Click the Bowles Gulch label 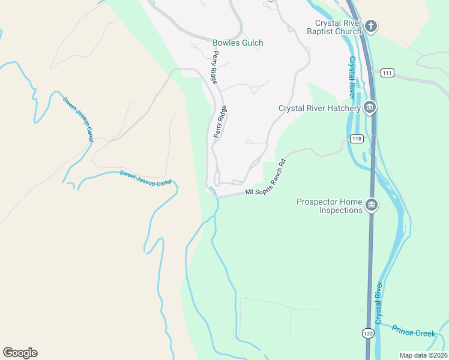[238, 43]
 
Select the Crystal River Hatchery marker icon [369, 108]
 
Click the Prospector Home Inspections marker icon [372, 205]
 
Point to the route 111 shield [387, 73]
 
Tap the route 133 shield [367, 332]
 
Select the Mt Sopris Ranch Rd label [267, 176]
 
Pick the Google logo [20, 353]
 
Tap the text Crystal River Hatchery [319, 109]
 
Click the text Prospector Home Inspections [330, 206]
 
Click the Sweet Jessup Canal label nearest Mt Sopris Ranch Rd [145, 178]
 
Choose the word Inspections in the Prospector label [340, 210]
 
